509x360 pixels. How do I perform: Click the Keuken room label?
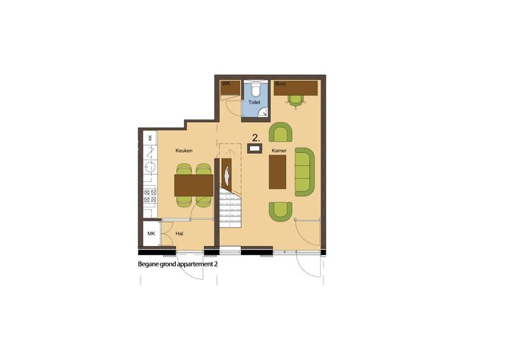click(184, 151)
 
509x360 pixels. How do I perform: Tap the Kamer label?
click(279, 151)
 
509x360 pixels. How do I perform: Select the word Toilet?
click(254, 102)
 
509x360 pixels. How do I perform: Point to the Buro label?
click(280, 83)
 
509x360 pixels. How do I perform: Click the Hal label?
click(179, 234)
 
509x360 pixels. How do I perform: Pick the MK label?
click(151, 234)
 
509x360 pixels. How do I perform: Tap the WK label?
click(225, 83)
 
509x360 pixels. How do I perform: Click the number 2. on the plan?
click(256, 137)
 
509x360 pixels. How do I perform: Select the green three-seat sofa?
click(304, 171)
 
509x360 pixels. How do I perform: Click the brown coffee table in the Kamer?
click(277, 172)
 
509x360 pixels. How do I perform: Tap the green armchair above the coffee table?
click(281, 132)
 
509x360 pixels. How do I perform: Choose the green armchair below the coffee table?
click(281, 211)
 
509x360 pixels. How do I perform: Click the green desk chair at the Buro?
click(295, 100)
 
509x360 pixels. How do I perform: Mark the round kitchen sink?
click(150, 167)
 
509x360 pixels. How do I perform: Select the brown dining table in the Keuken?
click(193, 185)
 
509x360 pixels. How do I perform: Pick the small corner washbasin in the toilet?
click(263, 113)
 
